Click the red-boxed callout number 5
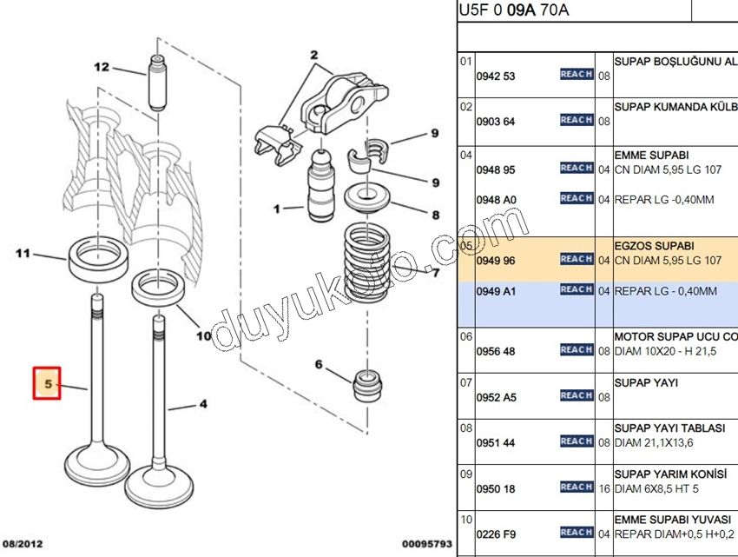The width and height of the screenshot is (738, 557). pyautogui.click(x=47, y=382)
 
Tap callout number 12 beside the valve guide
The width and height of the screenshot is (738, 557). pyautogui.click(x=102, y=66)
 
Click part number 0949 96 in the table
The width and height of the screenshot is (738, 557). pyautogui.click(x=496, y=261)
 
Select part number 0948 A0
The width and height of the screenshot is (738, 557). pyautogui.click(x=496, y=200)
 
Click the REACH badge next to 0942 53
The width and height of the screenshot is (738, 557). pyautogui.click(x=576, y=75)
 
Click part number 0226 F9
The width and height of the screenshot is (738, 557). pyautogui.click(x=496, y=534)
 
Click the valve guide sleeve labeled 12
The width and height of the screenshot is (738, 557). pyautogui.click(x=158, y=84)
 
